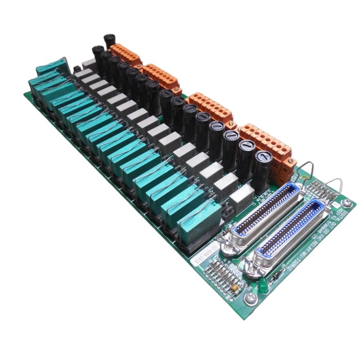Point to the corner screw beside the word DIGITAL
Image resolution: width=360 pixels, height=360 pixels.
coord(346,203)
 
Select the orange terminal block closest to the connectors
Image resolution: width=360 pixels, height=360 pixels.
coord(266,143)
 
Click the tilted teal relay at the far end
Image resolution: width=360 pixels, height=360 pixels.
coord(52,67)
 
